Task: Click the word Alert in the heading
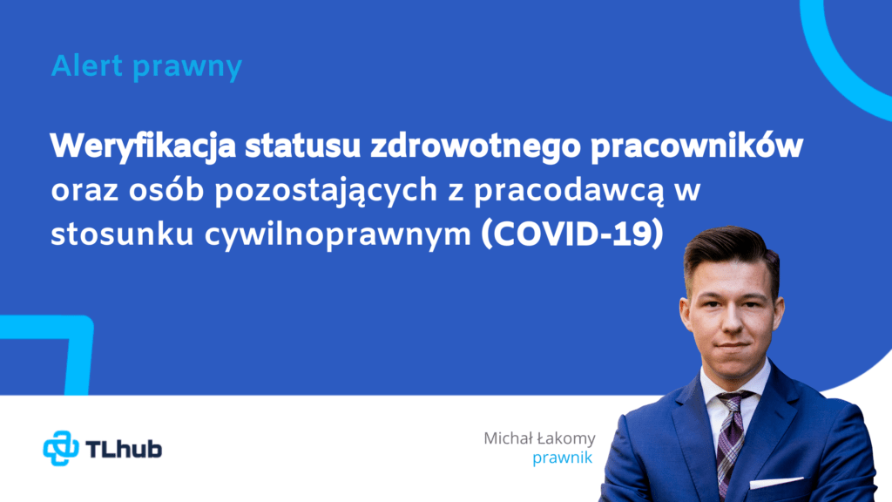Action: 87,65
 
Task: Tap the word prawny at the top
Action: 188,68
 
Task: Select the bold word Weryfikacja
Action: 143,146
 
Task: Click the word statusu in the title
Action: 303,146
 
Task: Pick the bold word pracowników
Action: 697,146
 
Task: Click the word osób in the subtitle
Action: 166,189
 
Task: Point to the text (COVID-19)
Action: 572,234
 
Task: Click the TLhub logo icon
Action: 61,449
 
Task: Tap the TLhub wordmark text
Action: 124,449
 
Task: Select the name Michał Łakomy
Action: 539,438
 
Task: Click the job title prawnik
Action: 562,458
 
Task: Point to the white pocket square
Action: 775,483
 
